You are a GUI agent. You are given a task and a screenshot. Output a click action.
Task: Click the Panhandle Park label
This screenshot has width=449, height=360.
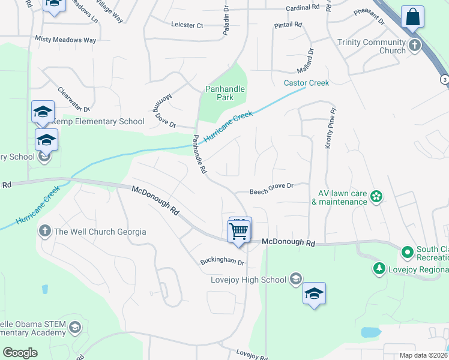[x=224, y=93]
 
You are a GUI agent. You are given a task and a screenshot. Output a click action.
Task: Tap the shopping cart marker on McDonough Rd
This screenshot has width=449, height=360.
[x=239, y=230]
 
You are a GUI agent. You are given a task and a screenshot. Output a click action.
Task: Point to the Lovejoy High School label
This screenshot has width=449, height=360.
[x=249, y=280]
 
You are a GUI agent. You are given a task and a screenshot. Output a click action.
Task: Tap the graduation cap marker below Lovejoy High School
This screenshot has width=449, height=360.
[x=314, y=293]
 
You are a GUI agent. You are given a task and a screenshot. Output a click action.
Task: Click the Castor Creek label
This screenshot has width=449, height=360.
[x=307, y=83]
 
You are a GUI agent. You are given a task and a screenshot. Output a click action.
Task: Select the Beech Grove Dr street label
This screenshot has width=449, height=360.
[x=272, y=186]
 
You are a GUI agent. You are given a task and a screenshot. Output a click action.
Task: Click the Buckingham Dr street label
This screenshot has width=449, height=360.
[x=222, y=263]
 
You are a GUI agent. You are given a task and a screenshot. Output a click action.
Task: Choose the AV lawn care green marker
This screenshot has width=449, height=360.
[x=376, y=196]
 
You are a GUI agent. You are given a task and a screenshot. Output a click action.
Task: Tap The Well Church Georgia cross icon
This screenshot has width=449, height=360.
[x=45, y=231]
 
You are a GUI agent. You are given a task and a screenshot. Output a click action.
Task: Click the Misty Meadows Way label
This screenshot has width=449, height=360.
[x=65, y=40]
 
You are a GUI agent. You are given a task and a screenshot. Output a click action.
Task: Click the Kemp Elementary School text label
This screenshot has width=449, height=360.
[x=98, y=121]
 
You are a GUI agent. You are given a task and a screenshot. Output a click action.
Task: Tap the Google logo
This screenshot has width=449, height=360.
[x=20, y=352]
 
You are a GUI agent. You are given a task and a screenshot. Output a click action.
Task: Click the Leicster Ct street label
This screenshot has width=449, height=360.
[x=188, y=25]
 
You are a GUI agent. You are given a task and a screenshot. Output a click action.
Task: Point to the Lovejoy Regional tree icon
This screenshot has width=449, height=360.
[x=379, y=268]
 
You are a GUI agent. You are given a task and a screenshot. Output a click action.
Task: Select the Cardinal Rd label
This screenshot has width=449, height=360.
[x=303, y=8]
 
